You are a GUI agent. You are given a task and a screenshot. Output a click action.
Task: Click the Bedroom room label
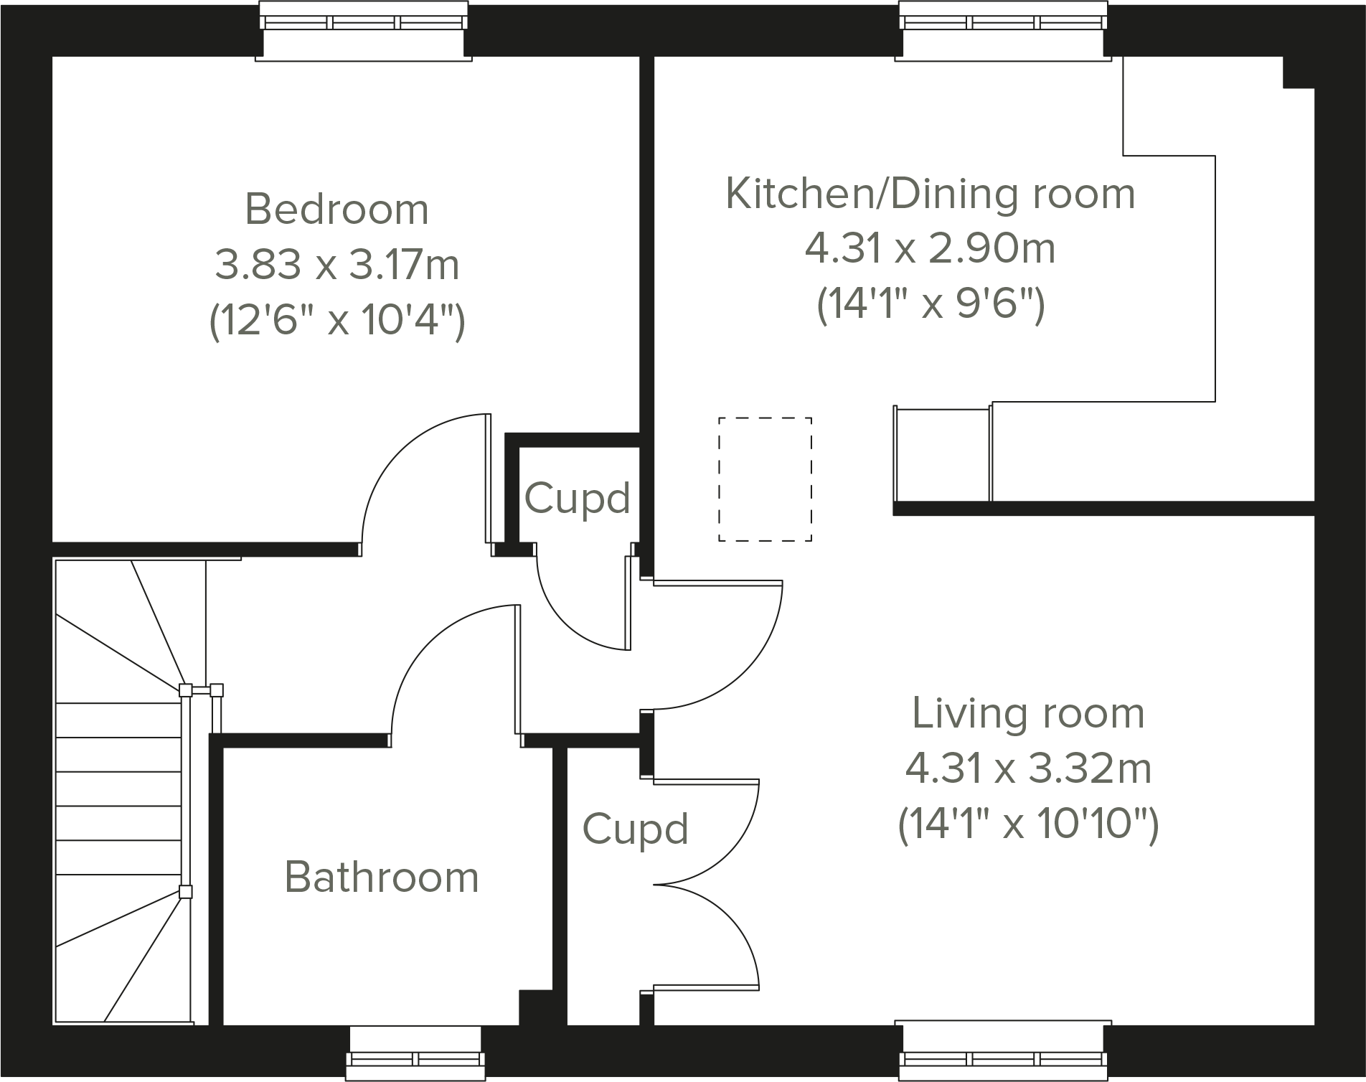tap(336, 210)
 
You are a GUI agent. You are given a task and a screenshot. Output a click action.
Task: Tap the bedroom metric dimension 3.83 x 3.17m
tap(336, 265)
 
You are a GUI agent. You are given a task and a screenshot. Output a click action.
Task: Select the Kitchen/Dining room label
tap(931, 194)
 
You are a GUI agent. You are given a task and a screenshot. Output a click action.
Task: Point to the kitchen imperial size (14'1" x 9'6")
tap(931, 304)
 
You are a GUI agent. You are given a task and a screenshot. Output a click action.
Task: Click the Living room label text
tap(1028, 713)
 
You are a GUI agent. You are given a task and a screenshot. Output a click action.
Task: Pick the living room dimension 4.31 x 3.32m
tap(1028, 768)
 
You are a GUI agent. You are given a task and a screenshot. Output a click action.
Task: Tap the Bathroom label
tap(382, 877)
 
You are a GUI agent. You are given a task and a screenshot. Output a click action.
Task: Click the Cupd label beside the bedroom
tap(577, 498)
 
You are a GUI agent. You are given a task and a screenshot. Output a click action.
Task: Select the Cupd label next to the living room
tap(635, 829)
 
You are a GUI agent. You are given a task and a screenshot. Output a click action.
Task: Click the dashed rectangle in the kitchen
tap(766, 479)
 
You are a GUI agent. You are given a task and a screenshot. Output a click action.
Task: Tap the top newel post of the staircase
tap(185, 691)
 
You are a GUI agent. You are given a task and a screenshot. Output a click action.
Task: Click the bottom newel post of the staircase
tap(185, 893)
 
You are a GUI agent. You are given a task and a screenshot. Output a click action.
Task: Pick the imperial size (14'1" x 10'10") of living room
tap(1028, 824)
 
